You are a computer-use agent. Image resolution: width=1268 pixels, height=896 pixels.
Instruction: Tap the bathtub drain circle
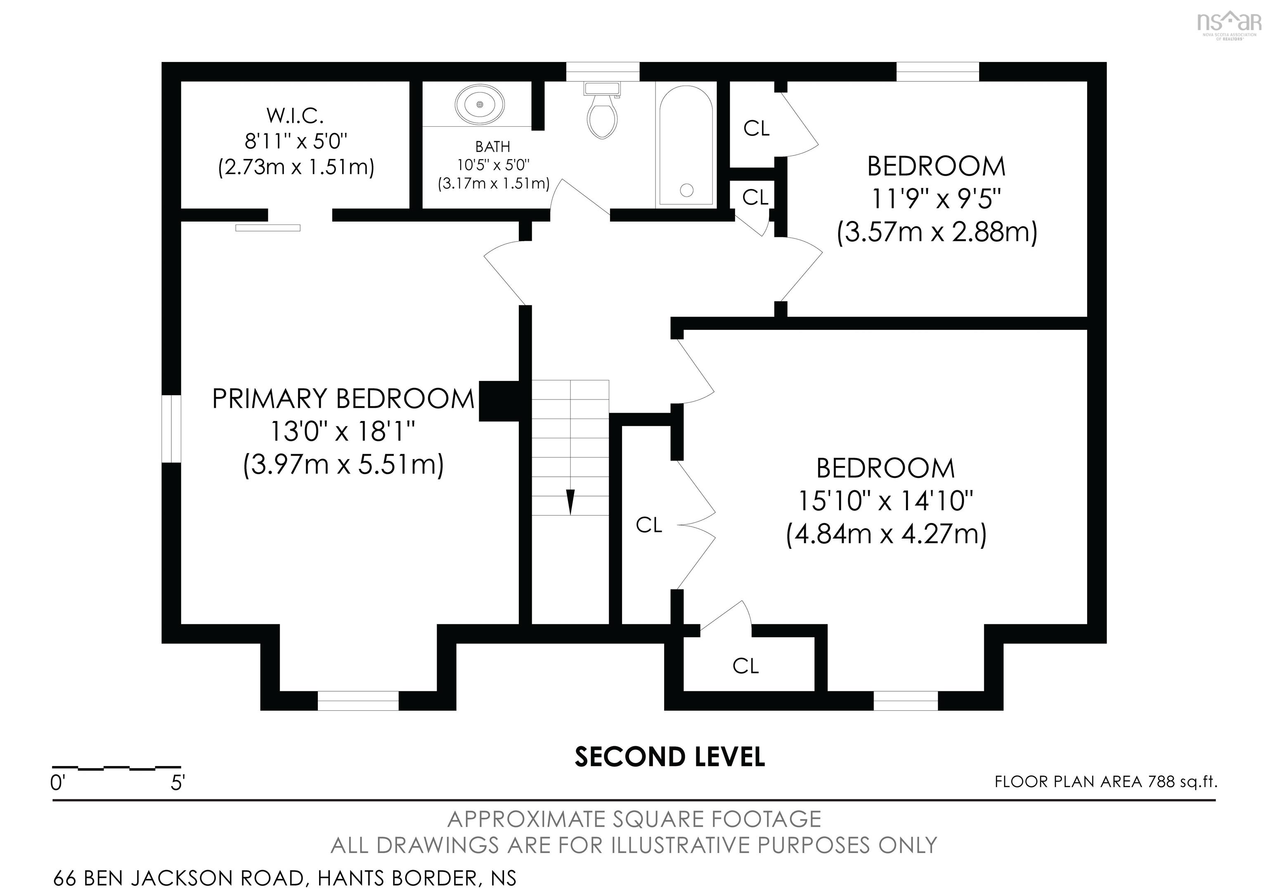pos(686,190)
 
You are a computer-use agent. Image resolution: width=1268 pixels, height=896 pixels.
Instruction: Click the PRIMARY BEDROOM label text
pos(343,399)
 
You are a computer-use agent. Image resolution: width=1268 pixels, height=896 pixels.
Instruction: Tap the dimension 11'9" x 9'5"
pos(936,199)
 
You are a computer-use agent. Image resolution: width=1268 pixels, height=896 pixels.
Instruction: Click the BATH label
pos(492,147)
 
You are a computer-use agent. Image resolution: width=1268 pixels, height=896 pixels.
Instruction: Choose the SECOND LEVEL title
pos(669,757)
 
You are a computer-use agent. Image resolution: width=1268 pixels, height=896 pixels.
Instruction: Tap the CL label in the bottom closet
pos(745,667)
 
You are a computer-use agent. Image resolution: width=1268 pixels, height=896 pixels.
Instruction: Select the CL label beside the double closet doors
pos(648,525)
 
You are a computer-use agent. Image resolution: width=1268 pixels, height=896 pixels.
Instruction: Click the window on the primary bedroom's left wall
pos(171,428)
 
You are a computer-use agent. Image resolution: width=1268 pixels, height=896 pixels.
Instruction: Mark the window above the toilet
pos(603,72)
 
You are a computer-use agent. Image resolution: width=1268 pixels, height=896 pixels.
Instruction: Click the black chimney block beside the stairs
pos(499,401)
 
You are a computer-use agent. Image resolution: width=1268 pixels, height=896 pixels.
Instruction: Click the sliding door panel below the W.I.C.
pos(268,228)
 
